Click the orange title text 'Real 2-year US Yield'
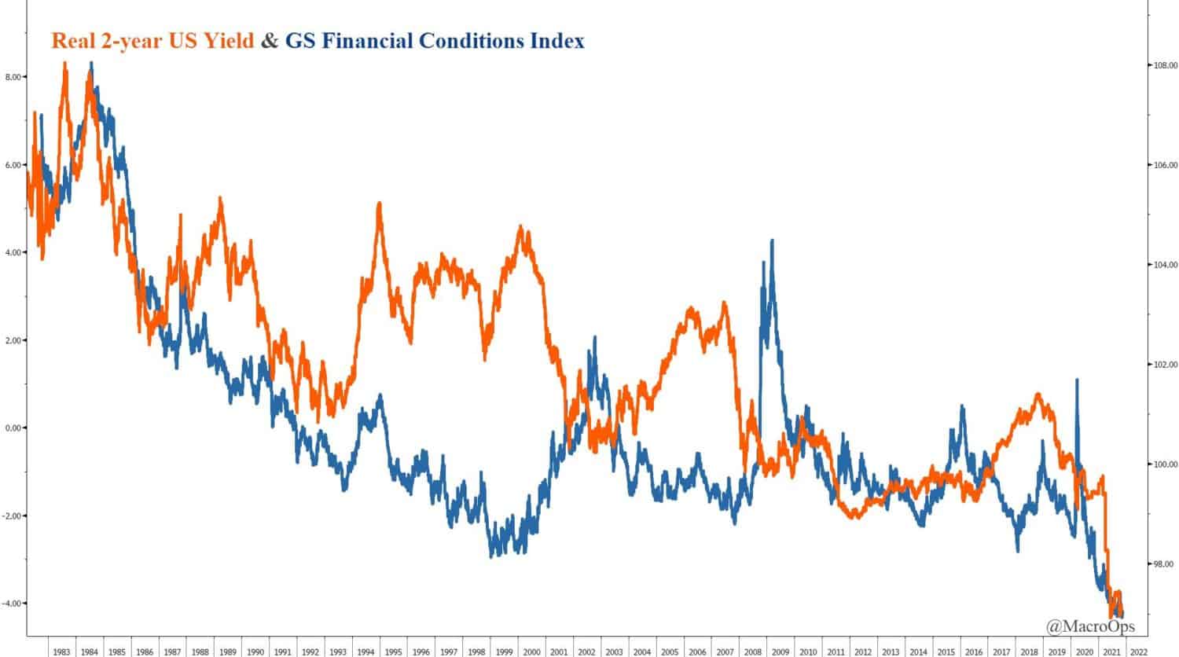point(152,41)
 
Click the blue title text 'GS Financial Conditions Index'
point(435,41)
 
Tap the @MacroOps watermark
point(1089,626)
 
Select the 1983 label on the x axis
point(61,651)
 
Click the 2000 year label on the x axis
point(531,651)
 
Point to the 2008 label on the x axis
point(752,651)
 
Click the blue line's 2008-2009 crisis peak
point(772,241)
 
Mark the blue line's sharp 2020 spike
point(1076,380)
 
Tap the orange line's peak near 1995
point(380,204)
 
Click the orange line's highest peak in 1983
point(64,63)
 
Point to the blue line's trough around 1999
point(492,556)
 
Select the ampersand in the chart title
point(270,41)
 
